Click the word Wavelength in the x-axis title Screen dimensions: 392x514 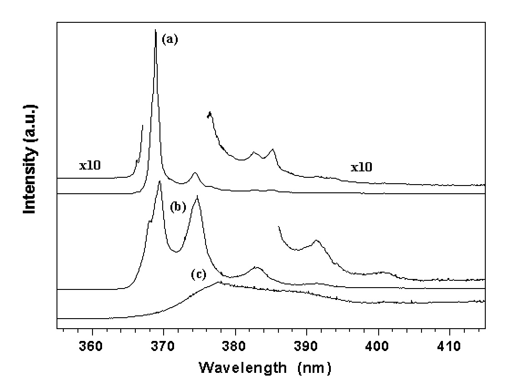(x=238, y=367)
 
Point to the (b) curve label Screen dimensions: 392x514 (x=179, y=207)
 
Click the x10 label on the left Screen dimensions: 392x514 (x=90, y=165)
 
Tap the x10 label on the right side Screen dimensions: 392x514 (x=361, y=167)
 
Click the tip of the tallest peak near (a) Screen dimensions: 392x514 (x=155, y=31)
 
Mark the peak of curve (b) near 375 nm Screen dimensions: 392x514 (x=197, y=196)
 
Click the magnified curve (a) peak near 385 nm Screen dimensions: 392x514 (x=272, y=149)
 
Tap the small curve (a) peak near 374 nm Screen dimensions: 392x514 (x=195, y=173)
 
